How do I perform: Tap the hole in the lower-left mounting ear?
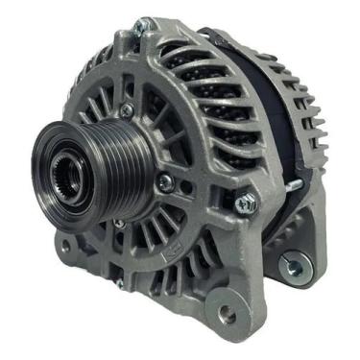[x=66, y=245]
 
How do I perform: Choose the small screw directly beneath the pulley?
[x=119, y=224]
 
